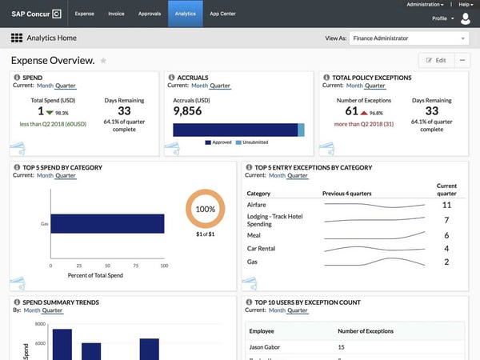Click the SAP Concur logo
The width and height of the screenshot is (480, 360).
(x=36, y=14)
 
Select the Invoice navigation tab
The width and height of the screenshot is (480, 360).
(x=116, y=14)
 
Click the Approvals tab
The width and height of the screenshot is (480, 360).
(x=150, y=14)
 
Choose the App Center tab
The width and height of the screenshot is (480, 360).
(x=223, y=14)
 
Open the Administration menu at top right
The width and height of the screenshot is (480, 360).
(x=425, y=5)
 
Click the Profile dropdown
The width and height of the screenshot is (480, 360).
(x=442, y=18)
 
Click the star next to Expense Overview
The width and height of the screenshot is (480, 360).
(x=103, y=61)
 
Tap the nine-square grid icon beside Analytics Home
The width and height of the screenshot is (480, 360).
(x=16, y=38)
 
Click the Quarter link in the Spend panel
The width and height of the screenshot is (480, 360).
(x=65, y=85)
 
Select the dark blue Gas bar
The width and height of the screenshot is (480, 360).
(x=107, y=225)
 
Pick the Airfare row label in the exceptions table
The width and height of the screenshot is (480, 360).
(x=258, y=205)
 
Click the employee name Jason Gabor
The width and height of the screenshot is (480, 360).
(x=267, y=347)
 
